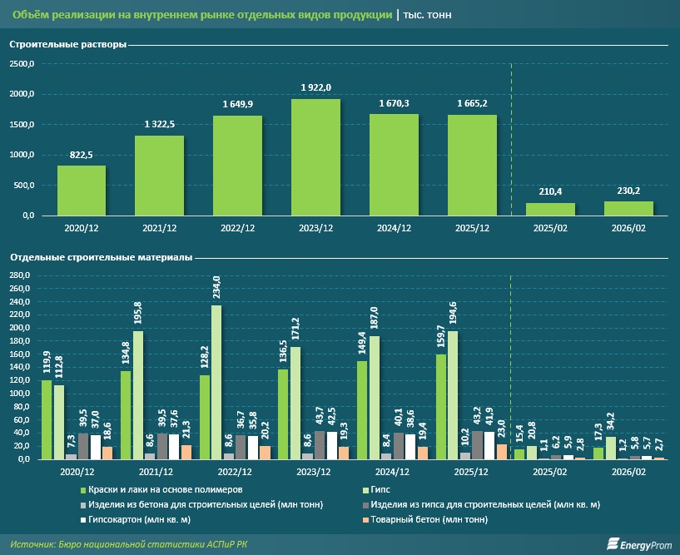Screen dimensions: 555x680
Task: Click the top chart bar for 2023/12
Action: pos(315,157)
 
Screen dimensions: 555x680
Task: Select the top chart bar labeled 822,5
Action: pos(82,191)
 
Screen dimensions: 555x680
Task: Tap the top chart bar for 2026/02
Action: pos(628,208)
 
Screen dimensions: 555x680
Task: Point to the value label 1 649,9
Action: pos(237,104)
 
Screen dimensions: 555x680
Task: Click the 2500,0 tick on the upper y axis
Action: pos(22,64)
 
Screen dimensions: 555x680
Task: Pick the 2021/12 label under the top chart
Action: pos(160,227)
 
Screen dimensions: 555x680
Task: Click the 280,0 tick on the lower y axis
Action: pos(19,275)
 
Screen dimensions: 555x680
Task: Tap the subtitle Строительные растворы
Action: pos(68,45)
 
